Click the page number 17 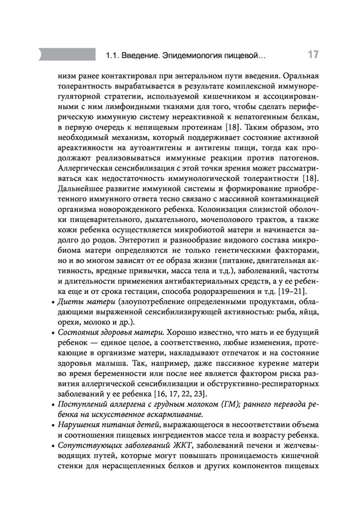[312, 54]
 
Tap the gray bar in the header [67, 54]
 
